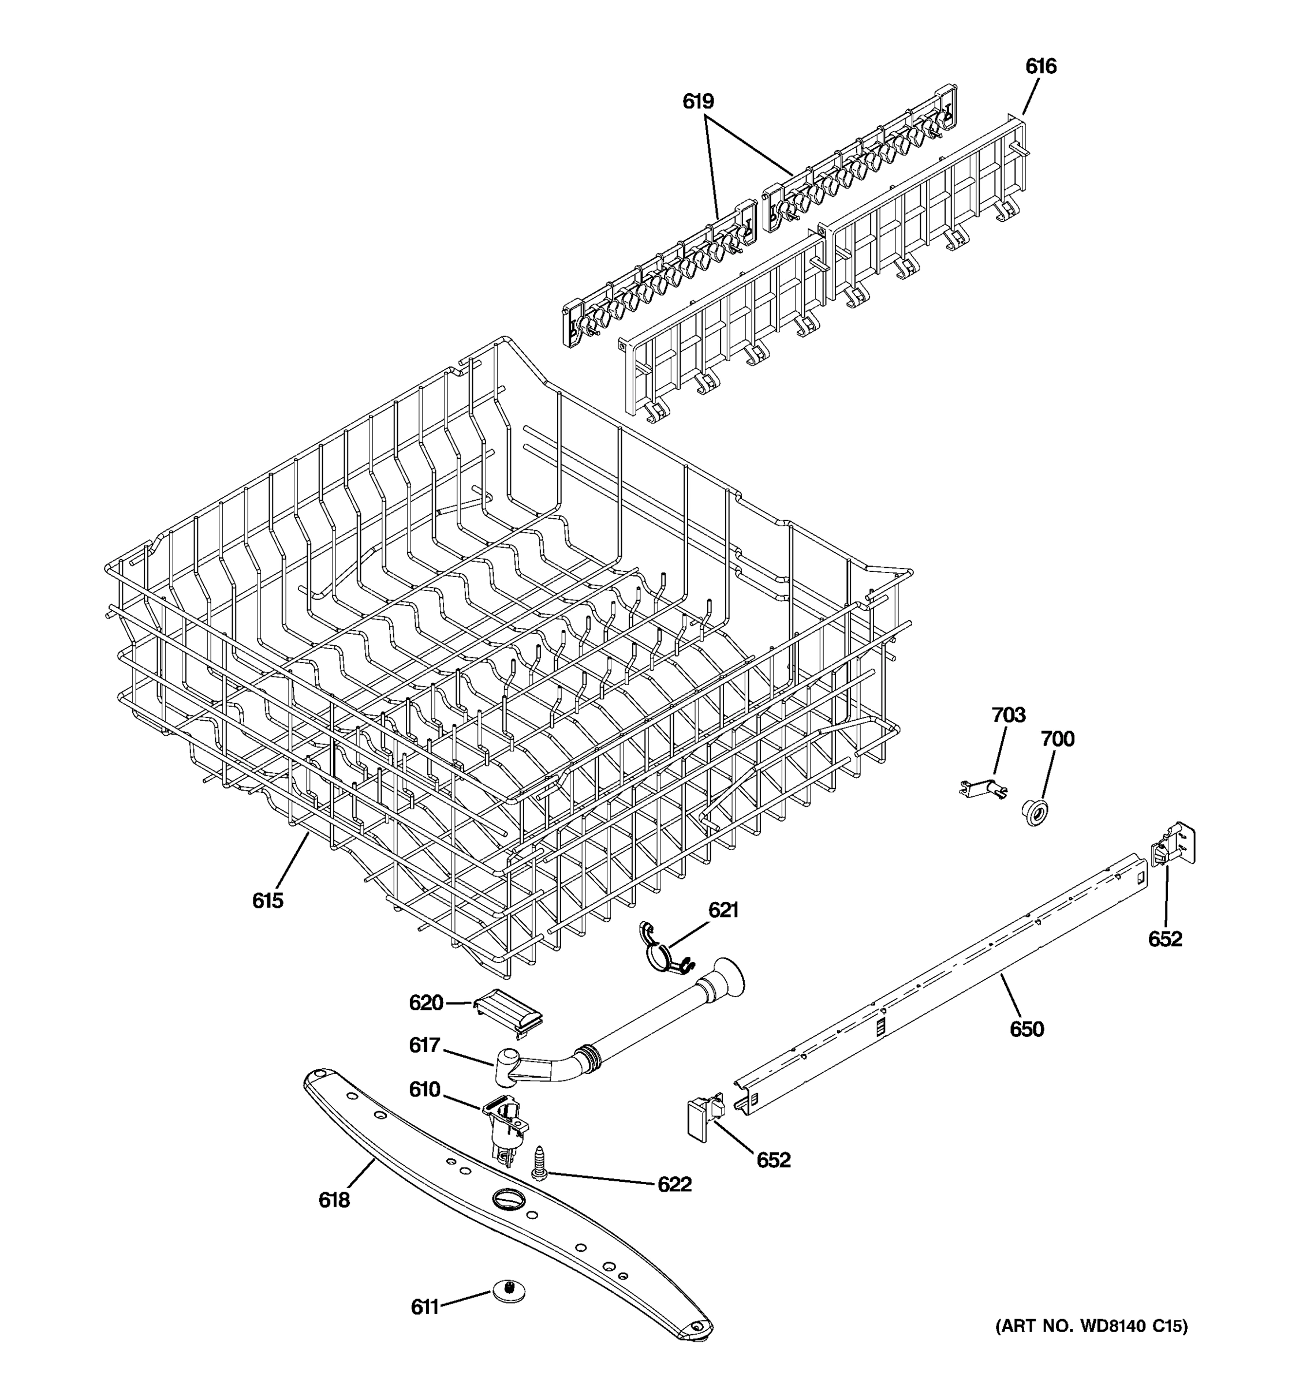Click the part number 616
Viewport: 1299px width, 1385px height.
pos(1040,66)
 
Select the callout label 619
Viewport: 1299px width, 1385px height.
pos(698,102)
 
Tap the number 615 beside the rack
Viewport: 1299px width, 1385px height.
pos(268,901)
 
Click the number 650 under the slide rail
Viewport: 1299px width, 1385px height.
pos(1026,1029)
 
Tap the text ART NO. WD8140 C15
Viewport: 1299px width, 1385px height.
pos(1091,1326)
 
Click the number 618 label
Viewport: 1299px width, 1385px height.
pos(334,1200)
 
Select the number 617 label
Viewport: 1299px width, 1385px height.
pos(424,1045)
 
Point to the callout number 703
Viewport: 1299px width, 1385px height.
pos(1009,715)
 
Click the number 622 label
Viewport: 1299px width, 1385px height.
pos(674,1184)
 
